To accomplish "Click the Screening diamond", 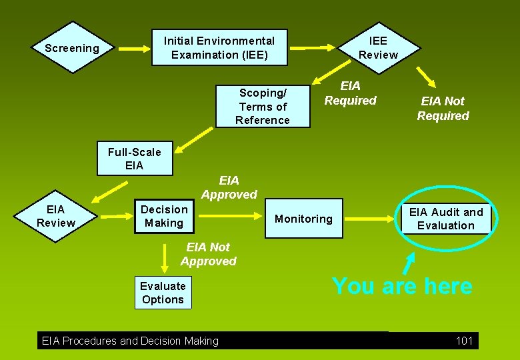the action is click(71, 48).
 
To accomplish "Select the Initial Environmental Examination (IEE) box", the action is click(219, 47).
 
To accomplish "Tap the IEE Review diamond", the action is click(378, 48).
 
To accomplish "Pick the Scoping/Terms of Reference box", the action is click(263, 107).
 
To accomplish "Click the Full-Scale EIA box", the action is click(134, 159).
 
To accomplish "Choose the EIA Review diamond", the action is click(56, 216).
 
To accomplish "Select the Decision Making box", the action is click(164, 216).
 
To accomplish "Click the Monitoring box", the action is click(303, 219).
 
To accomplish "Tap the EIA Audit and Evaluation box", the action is click(446, 219).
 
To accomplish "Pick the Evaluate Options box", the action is click(163, 293).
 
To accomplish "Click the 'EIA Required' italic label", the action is click(350, 93).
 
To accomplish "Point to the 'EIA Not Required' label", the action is click(443, 108).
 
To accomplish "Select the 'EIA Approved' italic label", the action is click(229, 187).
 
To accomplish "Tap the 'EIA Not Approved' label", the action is click(208, 254).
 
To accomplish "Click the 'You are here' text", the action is click(402, 286).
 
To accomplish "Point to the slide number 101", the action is click(464, 341).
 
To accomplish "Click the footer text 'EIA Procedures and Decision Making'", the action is click(130, 341).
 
